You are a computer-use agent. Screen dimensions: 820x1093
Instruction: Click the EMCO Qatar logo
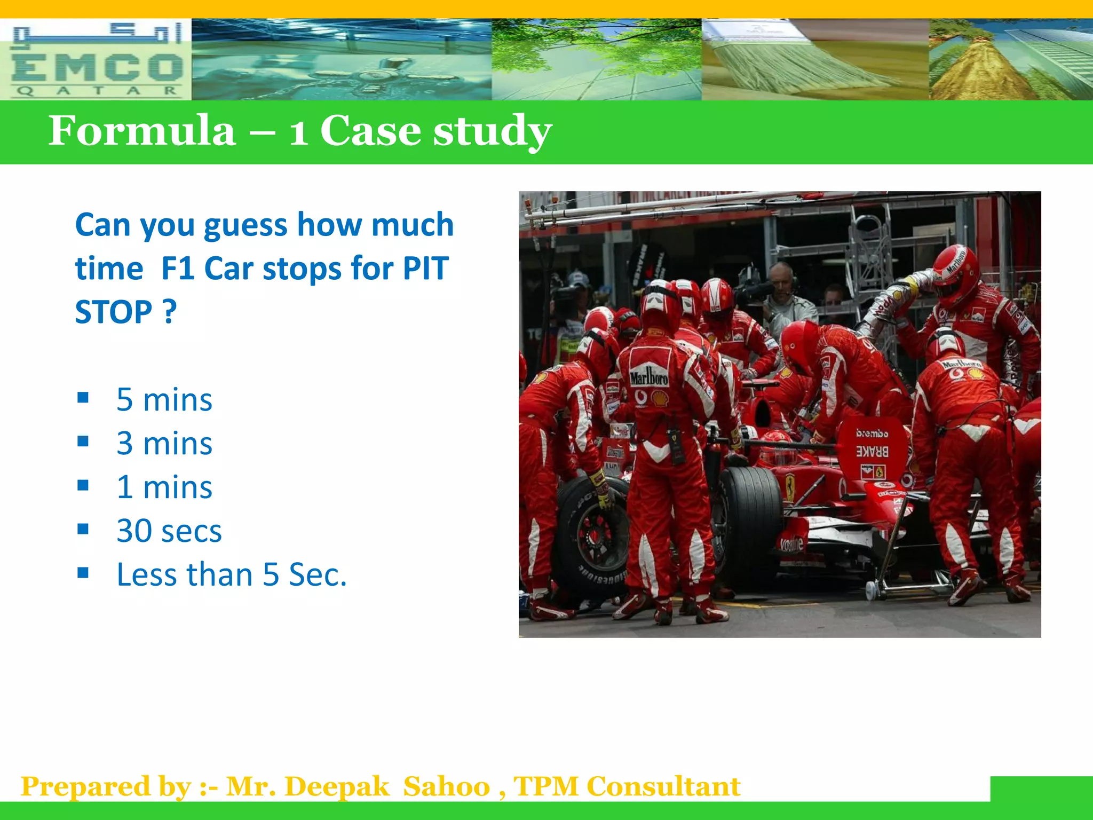(96, 60)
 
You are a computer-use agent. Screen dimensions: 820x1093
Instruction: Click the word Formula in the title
(142, 131)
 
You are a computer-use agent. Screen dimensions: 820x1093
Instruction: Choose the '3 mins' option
(164, 443)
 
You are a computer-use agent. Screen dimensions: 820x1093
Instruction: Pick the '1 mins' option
(164, 487)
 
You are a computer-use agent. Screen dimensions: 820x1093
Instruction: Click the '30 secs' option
(169, 531)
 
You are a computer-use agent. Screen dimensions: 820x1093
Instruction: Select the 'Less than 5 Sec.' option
(232, 574)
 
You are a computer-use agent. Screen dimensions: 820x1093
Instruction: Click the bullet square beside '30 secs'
(83, 529)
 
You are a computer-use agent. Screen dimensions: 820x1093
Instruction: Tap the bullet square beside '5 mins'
(83, 398)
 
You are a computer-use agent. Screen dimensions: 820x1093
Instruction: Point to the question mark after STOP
(169, 312)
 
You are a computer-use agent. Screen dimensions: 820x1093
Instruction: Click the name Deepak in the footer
(337, 786)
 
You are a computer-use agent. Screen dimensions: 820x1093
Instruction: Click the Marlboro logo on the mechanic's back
(648, 377)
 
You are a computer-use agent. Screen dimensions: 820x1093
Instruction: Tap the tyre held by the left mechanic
(590, 537)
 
